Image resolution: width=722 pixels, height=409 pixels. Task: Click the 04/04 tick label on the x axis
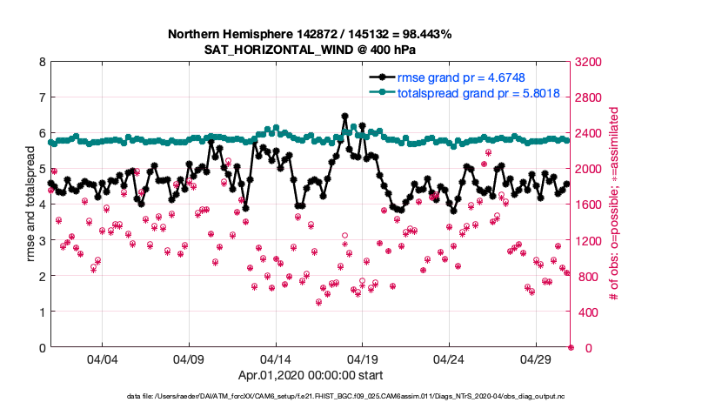pos(102,359)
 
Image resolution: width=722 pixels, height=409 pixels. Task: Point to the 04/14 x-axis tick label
pos(276,359)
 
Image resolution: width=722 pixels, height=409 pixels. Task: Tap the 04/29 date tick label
pos(536,359)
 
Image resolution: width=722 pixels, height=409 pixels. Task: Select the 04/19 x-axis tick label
pos(363,359)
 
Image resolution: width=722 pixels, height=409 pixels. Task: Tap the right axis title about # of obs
pos(613,205)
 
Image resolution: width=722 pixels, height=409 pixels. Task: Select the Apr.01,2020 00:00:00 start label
pos(310,377)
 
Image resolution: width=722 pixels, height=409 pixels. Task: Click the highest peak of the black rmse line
pos(345,116)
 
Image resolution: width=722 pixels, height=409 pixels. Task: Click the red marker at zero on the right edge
pos(571,348)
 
